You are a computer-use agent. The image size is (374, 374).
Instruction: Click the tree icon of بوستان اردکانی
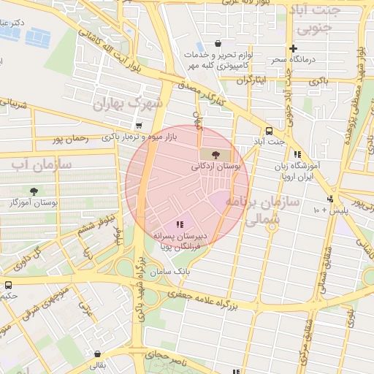point(214,154)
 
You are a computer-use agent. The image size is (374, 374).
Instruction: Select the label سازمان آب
point(41,164)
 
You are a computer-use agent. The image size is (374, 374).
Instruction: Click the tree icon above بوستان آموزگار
point(34,191)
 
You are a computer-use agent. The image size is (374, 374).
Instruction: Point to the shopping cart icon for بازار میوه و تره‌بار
point(138,126)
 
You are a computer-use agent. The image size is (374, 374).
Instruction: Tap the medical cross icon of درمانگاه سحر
point(293,49)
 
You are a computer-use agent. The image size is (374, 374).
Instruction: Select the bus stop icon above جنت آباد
point(270,131)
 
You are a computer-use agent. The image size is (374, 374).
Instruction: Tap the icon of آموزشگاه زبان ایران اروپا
point(297,154)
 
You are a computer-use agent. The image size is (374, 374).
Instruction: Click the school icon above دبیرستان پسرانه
point(180,224)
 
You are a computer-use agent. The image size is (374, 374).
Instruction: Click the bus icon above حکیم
point(8,286)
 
